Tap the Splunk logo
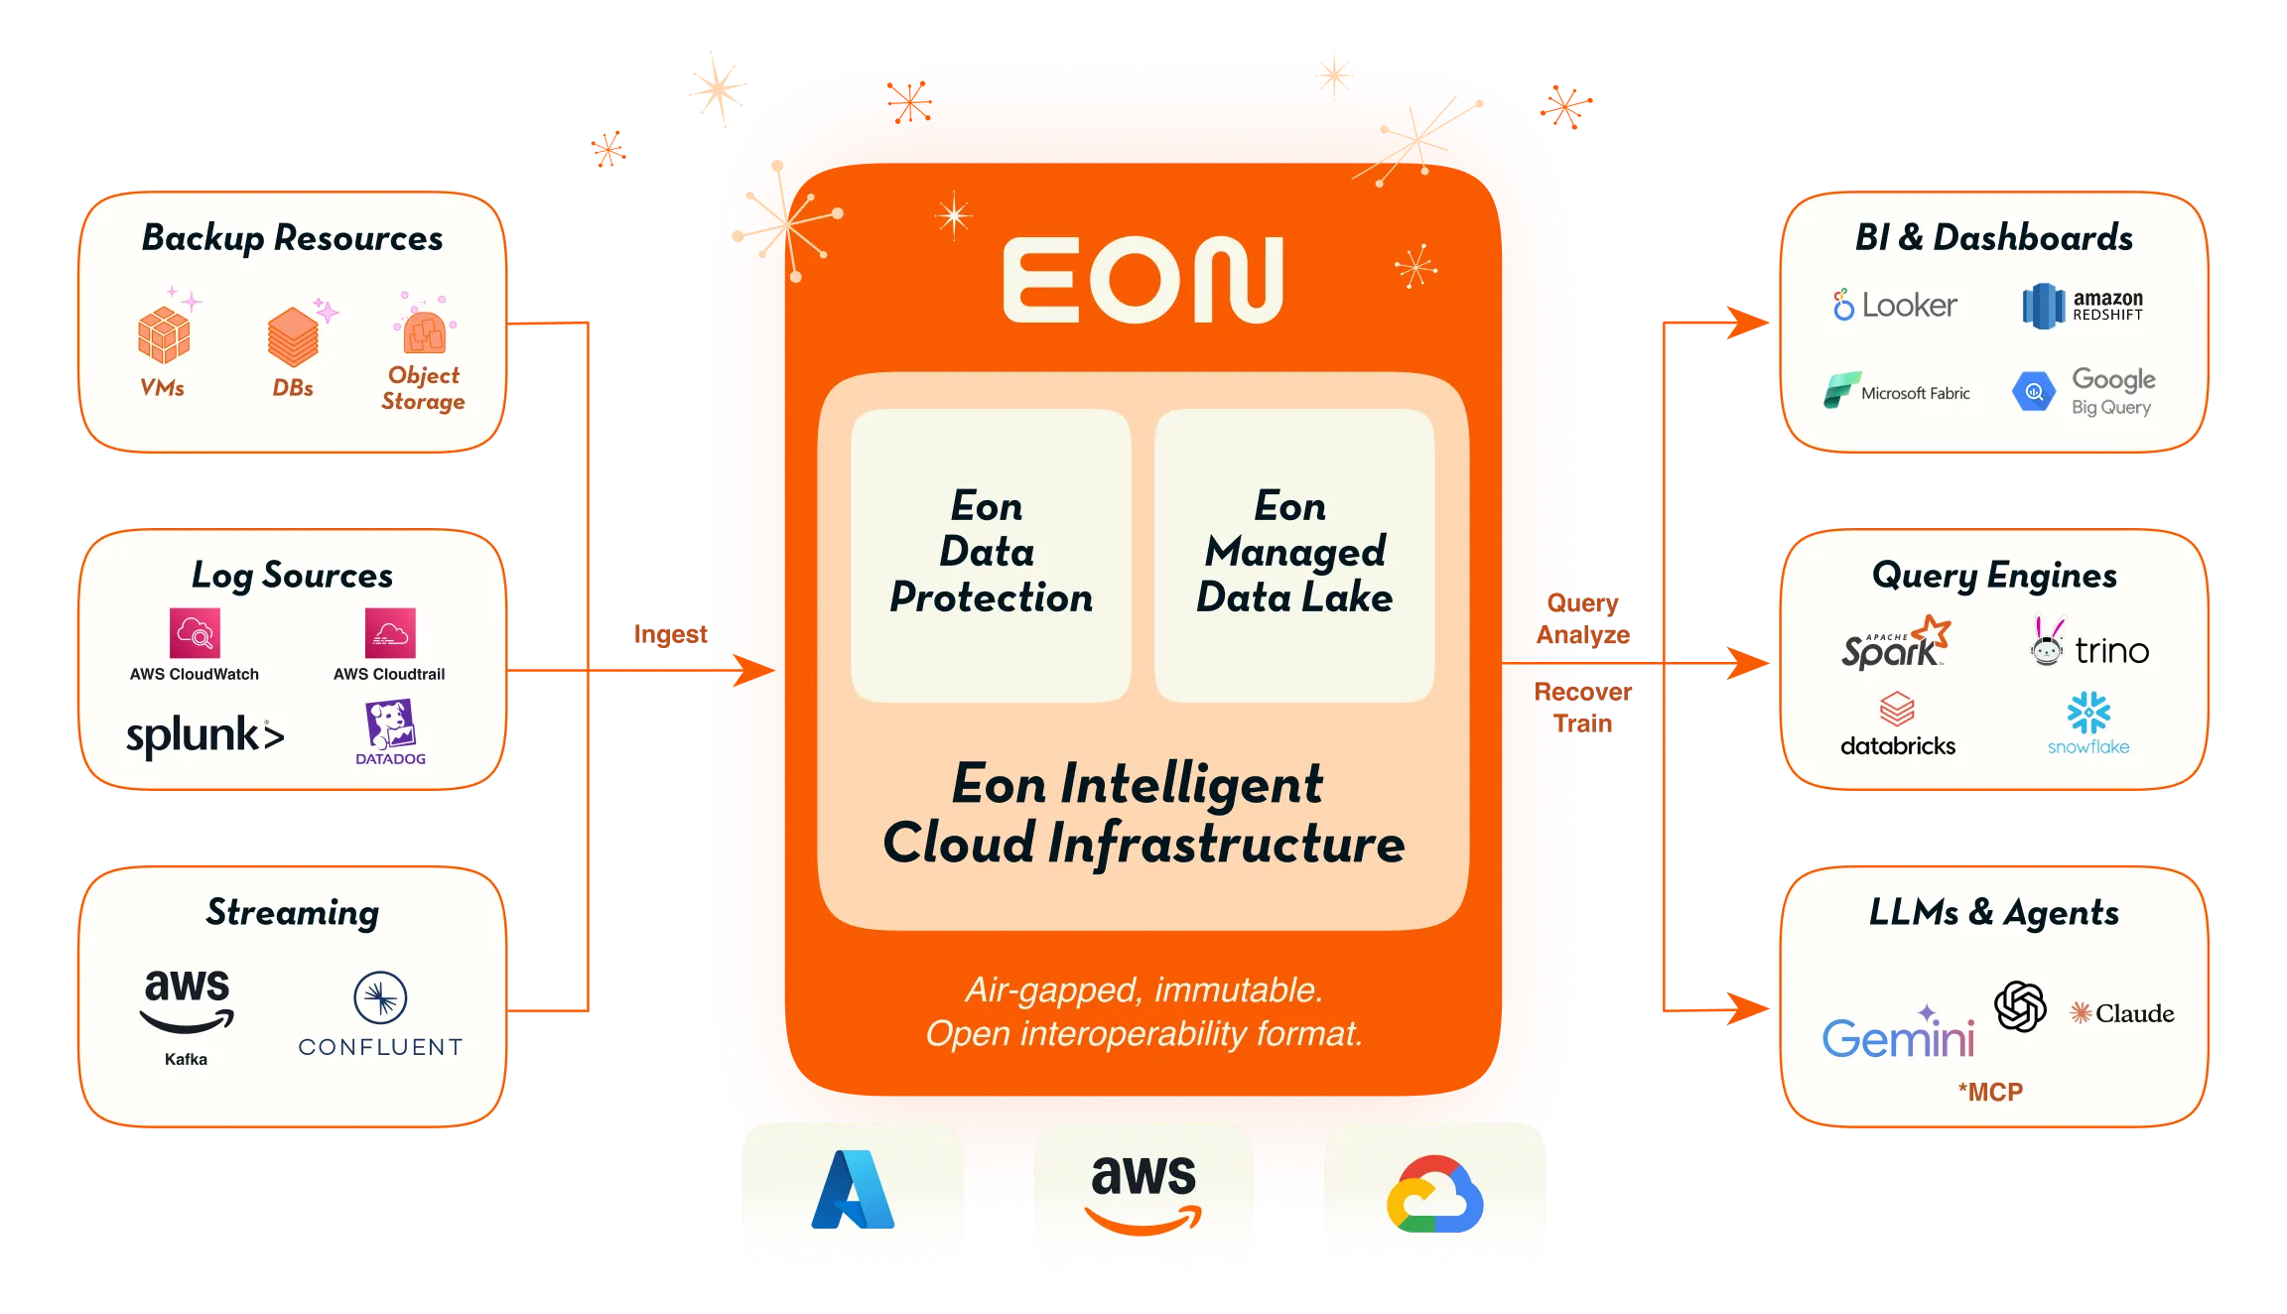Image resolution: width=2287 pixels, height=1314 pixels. tap(204, 735)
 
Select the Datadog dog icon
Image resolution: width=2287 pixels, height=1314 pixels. tap(390, 724)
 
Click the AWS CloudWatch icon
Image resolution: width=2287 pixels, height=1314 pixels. tap(195, 633)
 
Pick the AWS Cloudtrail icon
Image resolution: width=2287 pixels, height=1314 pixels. tap(390, 633)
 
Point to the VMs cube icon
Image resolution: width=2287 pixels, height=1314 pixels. tap(164, 334)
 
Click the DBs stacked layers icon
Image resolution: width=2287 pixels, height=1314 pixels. tap(293, 337)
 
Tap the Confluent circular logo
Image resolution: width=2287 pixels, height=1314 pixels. tap(380, 997)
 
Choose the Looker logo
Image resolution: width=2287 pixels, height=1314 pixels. tap(1895, 305)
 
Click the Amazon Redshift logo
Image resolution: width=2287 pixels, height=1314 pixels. tap(2083, 305)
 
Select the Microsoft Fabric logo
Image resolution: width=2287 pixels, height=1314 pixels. tap(1897, 391)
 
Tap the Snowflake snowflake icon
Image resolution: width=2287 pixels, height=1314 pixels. tap(2088, 713)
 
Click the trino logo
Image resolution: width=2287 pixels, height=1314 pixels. tap(2089, 647)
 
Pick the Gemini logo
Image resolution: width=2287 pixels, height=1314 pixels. tap(1898, 1035)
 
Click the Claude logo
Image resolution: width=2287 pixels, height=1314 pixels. tap(2122, 1013)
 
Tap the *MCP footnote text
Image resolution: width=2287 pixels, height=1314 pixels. tap(1990, 1092)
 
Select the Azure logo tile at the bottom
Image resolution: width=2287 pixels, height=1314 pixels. tap(852, 1191)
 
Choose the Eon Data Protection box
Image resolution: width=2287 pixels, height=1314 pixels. tap(991, 555)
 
